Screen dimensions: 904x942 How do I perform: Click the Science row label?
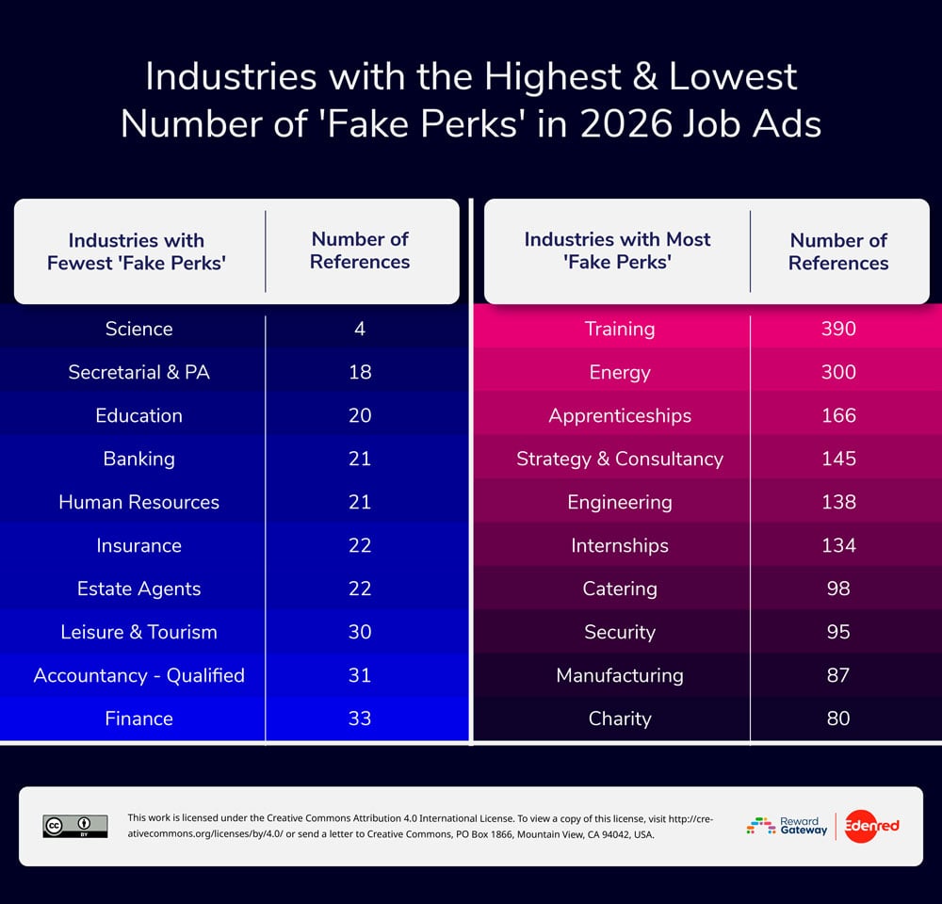[138, 329]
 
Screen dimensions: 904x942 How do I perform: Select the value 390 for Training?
[838, 329]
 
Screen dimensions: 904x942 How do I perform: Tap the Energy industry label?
[619, 372]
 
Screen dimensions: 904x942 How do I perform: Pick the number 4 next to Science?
[360, 329]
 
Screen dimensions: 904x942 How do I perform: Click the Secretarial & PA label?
[138, 372]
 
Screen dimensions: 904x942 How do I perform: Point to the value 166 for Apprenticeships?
[838, 415]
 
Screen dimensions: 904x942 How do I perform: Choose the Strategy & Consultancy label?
[619, 459]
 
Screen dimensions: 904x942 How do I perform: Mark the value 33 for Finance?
[360, 718]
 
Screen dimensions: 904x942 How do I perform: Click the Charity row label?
[619, 718]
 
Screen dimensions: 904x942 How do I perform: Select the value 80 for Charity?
[838, 718]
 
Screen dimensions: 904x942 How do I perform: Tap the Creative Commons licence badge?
[75, 826]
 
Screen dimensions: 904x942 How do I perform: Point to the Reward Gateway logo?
[788, 826]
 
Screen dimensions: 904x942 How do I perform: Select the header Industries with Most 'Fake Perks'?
[617, 250]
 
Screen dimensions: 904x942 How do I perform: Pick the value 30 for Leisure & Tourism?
[360, 632]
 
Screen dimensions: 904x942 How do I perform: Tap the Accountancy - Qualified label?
[138, 675]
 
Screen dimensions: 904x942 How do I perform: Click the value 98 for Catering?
[838, 589]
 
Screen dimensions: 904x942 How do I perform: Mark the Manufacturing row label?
[619, 675]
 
